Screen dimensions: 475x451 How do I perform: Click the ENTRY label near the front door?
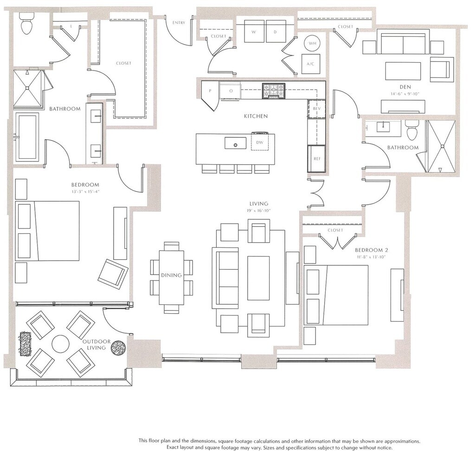[x=179, y=23]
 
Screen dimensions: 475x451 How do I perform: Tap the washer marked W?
[x=254, y=31]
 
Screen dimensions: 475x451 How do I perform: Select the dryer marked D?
[x=276, y=31]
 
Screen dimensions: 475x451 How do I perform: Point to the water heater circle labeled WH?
[x=312, y=43]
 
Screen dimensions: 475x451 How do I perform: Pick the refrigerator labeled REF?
[x=316, y=159]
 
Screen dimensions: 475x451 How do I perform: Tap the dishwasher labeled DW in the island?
[x=260, y=142]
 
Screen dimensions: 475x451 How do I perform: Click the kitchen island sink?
[x=235, y=143]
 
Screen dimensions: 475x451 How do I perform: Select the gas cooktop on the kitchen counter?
[x=274, y=91]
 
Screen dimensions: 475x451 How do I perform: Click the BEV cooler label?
[x=317, y=109]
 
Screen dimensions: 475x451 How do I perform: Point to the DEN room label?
[x=405, y=87]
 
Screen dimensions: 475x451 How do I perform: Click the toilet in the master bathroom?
[x=26, y=23]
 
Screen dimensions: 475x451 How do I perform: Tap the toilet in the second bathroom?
[x=412, y=130]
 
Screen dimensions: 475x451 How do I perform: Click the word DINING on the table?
[x=172, y=275]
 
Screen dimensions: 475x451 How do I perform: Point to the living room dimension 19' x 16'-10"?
[x=259, y=211]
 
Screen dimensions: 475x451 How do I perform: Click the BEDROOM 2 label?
[x=372, y=250]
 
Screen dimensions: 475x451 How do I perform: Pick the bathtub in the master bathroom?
[x=27, y=137]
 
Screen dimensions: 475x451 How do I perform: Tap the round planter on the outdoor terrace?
[x=118, y=348]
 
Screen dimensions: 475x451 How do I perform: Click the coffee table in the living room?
[x=258, y=278]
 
